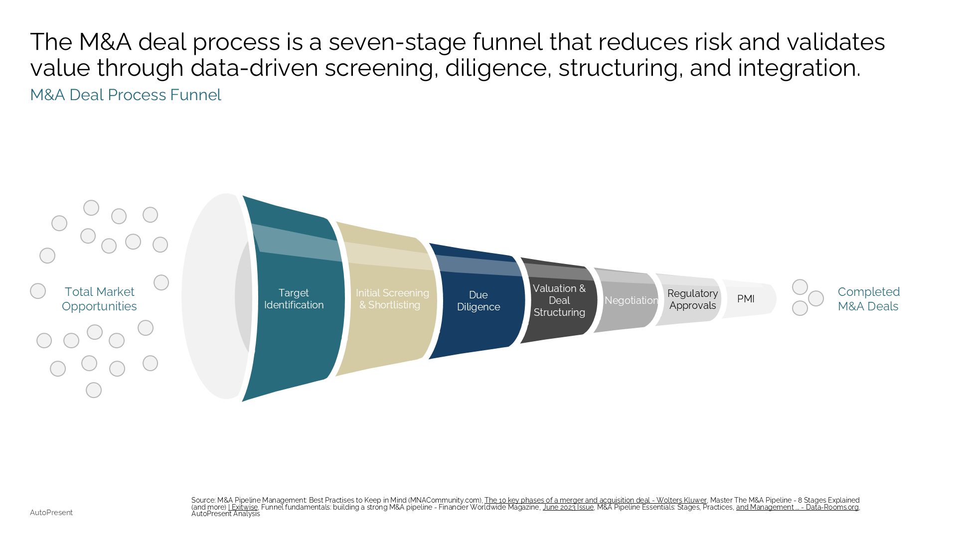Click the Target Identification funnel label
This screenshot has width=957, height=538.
294,299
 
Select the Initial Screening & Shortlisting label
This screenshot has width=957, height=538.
392,299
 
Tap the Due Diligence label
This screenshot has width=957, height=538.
478,301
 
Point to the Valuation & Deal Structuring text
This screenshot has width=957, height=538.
559,300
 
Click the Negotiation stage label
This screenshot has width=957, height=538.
631,300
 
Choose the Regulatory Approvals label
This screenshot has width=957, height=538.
692,299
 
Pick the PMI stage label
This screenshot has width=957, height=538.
746,299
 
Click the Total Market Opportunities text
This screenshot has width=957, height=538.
99,299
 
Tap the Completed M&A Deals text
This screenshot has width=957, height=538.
868,299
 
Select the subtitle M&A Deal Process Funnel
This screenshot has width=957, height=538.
126,95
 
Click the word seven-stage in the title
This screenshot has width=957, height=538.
397,42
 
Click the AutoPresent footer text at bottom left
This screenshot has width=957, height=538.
51,513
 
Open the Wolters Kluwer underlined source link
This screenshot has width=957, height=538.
595,500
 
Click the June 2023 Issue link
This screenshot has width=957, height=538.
568,507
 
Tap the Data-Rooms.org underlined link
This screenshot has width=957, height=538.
797,507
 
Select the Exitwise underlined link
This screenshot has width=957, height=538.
243,507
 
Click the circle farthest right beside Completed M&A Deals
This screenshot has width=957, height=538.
816,298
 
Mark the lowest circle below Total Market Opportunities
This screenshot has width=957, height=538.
94,390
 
